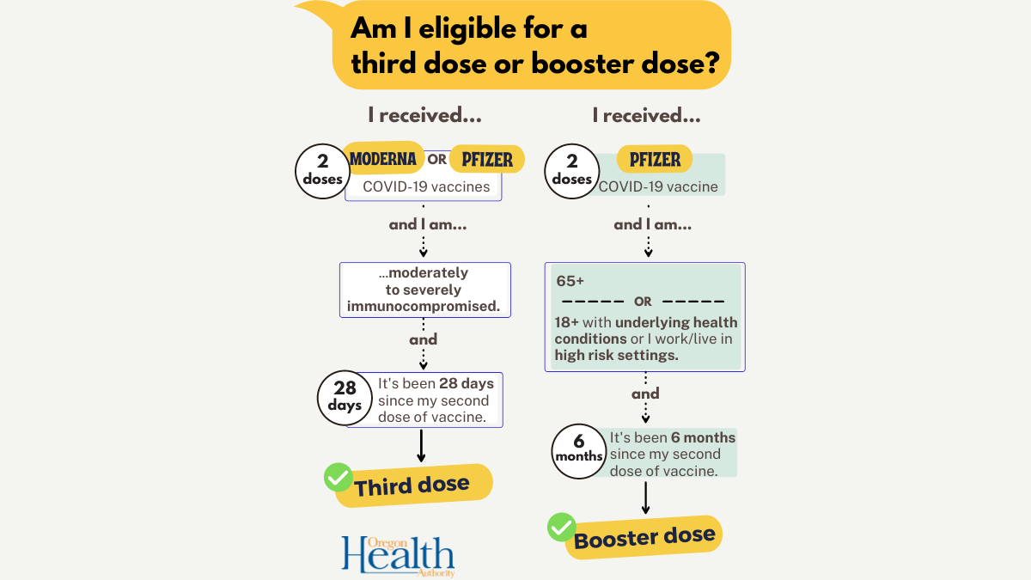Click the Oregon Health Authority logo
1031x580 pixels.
[x=398, y=555]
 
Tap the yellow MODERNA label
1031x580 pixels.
[x=383, y=159]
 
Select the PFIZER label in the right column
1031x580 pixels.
[x=655, y=159]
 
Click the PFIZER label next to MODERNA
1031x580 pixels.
[x=487, y=159]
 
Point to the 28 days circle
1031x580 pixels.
[x=345, y=396]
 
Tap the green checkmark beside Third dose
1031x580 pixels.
[x=338, y=478]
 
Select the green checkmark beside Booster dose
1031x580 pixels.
[x=562, y=527]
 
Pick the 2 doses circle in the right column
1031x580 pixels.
[x=572, y=170]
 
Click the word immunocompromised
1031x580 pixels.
[x=424, y=306]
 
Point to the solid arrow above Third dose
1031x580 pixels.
[x=421, y=445]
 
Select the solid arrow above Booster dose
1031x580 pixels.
[x=646, y=497]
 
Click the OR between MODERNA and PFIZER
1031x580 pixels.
[x=437, y=160]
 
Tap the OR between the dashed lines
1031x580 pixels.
[x=644, y=302]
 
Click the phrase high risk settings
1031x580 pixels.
[x=616, y=354]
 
